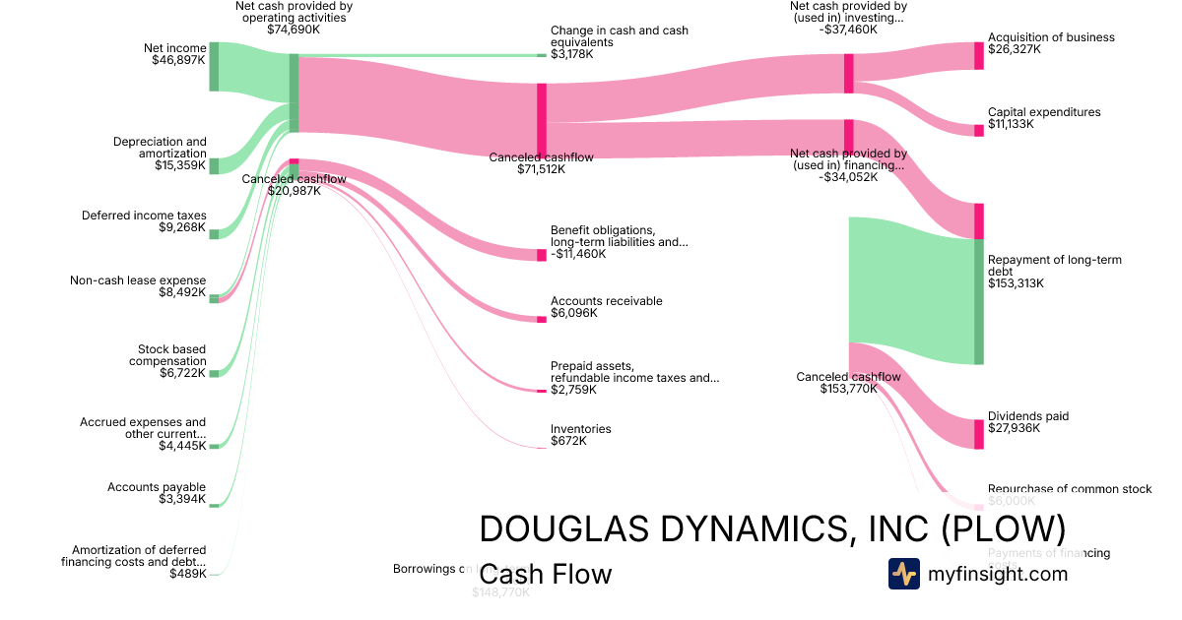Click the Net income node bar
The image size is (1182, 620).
(x=214, y=66)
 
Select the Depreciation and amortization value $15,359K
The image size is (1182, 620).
(x=179, y=165)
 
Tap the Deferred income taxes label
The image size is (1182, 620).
(x=144, y=216)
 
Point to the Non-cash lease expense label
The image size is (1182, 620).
(x=138, y=280)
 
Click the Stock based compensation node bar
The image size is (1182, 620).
(x=214, y=373)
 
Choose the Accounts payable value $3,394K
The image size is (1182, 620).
(x=182, y=499)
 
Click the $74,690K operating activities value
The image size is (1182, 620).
(x=294, y=30)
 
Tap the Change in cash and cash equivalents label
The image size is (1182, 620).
(x=619, y=36)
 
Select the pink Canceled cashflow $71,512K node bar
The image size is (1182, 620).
(x=541, y=120)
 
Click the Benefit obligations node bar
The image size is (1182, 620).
(x=541, y=255)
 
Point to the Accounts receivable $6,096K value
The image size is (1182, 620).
(x=574, y=313)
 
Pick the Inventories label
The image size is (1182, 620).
(x=580, y=429)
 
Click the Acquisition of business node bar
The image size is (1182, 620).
(x=978, y=56)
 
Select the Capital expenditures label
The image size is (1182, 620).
(x=1044, y=112)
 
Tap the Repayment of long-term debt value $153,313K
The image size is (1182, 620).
(x=1016, y=283)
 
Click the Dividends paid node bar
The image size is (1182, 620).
(x=978, y=434)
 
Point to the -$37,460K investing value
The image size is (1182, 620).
(x=848, y=30)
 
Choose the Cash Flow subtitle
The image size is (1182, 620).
(x=546, y=575)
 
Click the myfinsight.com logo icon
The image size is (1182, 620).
(x=903, y=574)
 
